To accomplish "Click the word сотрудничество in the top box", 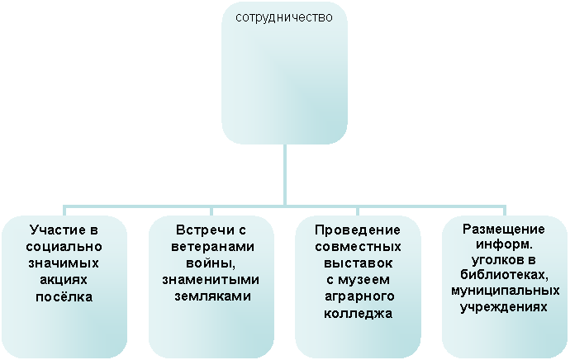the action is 284,17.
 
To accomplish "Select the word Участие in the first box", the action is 55,230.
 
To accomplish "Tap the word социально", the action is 64,247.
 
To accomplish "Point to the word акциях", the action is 64,280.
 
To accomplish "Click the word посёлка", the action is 64,296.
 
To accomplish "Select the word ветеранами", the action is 212,247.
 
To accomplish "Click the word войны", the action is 211,263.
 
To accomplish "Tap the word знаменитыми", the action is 211,280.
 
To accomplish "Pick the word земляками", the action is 212,296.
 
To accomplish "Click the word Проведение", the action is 358,230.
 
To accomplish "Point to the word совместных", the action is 358,247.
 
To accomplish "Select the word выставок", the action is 358,263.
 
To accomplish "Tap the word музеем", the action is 363,280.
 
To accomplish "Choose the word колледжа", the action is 358,313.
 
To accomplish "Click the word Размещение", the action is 504,230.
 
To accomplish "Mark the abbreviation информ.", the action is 504,244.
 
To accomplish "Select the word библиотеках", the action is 504,275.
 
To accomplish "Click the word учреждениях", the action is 504,307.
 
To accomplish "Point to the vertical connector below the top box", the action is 285,175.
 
